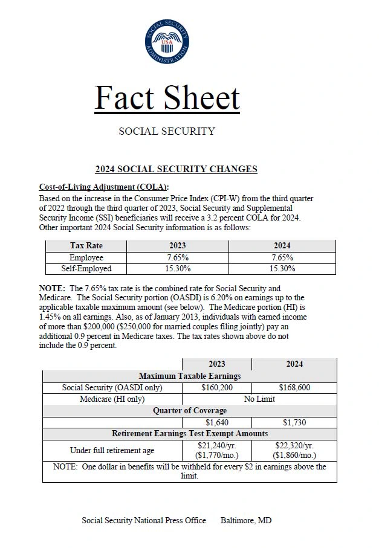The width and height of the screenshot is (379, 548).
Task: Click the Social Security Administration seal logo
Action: pyautogui.click(x=167, y=41)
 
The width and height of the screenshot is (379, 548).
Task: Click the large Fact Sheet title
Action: pyautogui.click(x=167, y=98)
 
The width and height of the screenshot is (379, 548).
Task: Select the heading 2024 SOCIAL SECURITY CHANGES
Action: pyautogui.click(x=176, y=169)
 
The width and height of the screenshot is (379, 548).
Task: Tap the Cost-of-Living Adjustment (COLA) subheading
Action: pyautogui.click(x=104, y=187)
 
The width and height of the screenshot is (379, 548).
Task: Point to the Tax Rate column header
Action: pyautogui.click(x=86, y=246)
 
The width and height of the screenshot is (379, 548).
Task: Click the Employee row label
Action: pyautogui.click(x=86, y=257)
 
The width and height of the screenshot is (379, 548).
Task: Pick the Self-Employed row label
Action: pyautogui.click(x=86, y=268)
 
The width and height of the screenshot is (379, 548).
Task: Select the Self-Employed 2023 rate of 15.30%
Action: pyautogui.click(x=179, y=268)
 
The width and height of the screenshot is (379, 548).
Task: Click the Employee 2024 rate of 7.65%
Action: pyautogui.click(x=281, y=257)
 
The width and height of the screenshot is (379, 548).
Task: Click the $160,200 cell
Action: pyautogui.click(x=216, y=387)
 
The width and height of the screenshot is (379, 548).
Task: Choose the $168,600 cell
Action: pyautogui.click(x=294, y=387)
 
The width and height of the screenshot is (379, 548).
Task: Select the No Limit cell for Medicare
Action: pyautogui.click(x=259, y=399)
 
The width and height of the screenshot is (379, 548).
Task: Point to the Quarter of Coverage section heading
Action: pyautogui.click(x=189, y=411)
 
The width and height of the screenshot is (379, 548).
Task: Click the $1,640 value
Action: pyautogui.click(x=216, y=422)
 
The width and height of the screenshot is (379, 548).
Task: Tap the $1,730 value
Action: pyautogui.click(x=294, y=422)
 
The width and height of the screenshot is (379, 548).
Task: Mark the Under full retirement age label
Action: pyautogui.click(x=112, y=450)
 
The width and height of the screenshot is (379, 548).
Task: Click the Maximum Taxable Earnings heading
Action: pyautogui.click(x=189, y=376)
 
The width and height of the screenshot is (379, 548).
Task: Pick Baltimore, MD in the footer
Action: pyautogui.click(x=246, y=520)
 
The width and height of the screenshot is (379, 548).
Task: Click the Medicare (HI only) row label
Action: pyautogui.click(x=112, y=399)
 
